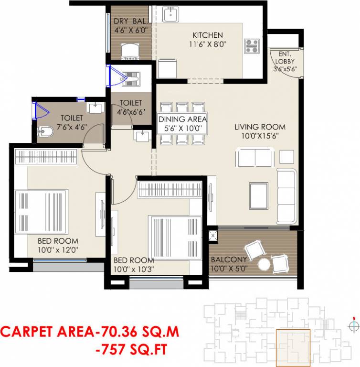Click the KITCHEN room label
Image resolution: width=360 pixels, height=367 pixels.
pos(207,35)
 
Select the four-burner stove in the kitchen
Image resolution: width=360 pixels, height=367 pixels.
pos(252,46)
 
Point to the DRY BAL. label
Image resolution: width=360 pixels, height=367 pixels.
pos(130,22)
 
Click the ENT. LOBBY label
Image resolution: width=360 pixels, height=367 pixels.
pos(285,58)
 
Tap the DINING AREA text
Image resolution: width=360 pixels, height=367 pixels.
pos(182,119)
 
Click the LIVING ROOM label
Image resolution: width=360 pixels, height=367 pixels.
pos(260,127)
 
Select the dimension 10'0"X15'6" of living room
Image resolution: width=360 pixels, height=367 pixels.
pos(260,136)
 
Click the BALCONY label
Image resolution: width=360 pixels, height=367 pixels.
pos(229,259)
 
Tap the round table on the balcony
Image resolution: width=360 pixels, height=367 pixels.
pos(264,264)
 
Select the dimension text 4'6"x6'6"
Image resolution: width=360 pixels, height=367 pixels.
pos(131,113)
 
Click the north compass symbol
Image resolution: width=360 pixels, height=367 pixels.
pos(353,326)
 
